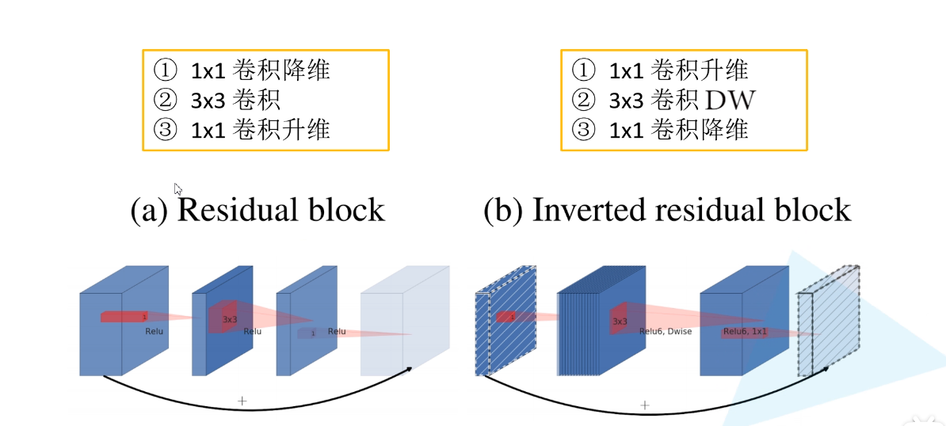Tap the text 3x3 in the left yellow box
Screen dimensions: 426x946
click(207, 100)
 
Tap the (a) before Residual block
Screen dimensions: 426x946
click(149, 210)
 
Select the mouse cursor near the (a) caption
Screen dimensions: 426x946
click(178, 189)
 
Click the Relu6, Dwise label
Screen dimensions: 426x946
click(665, 331)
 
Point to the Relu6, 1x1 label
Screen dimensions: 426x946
click(745, 331)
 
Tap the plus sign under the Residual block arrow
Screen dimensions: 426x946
click(242, 401)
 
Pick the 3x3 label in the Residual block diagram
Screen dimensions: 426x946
click(230, 319)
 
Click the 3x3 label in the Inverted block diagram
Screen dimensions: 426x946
click(620, 321)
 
